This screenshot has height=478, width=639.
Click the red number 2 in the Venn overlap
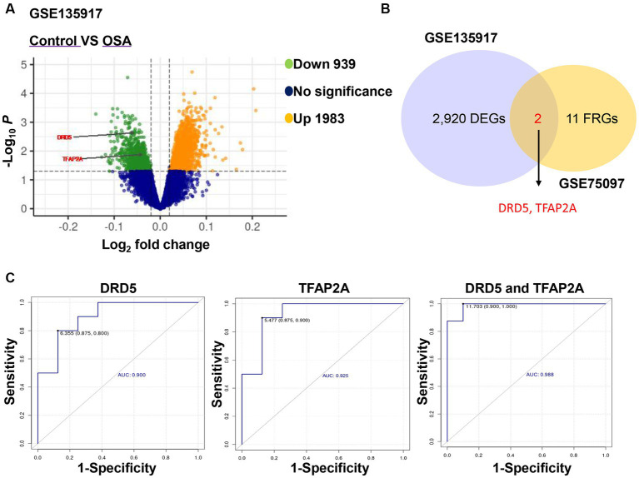[538, 119]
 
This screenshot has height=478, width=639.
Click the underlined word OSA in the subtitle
[117, 40]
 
